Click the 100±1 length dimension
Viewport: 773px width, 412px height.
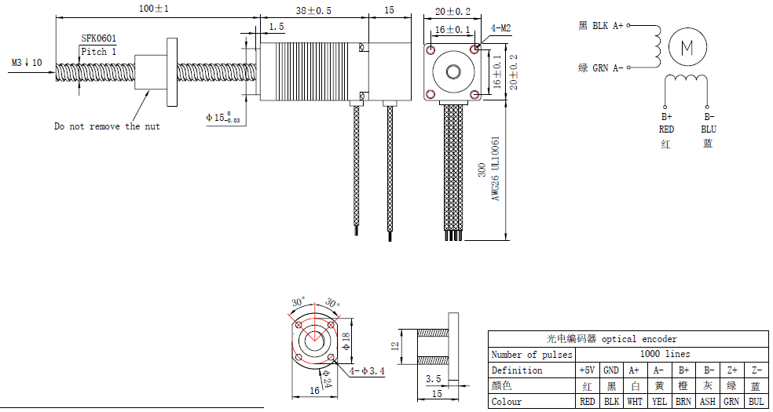[154, 9]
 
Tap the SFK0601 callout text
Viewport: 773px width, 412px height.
[99, 38]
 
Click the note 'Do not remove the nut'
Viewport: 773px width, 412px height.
[107, 126]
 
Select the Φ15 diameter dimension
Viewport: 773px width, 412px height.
[222, 118]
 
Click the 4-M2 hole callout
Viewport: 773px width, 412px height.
[501, 28]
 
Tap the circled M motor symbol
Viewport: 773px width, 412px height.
[687, 48]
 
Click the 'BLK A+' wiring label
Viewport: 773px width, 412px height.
[607, 26]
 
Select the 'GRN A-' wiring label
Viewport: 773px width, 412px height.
[607, 68]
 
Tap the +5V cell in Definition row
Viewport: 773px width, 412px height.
[587, 370]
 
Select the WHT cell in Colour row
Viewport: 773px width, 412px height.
[634, 402]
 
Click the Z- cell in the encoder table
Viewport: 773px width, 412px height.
[756, 370]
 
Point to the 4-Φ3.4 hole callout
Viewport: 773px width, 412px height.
[367, 371]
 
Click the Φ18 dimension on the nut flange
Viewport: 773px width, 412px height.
[345, 341]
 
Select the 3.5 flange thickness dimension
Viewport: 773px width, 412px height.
[432, 378]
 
